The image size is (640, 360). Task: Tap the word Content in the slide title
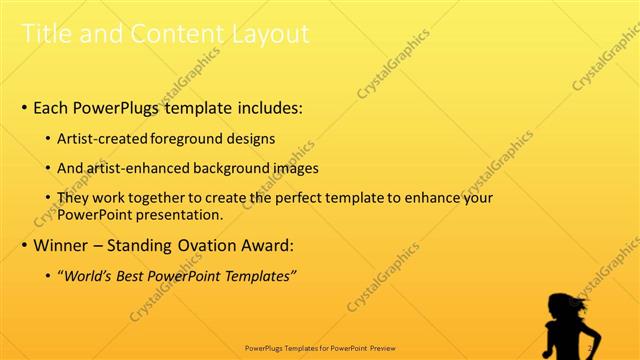pyautogui.click(x=176, y=34)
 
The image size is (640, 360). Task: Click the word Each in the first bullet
pyautogui.click(x=52, y=107)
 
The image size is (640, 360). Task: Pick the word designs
pyautogui.click(x=252, y=140)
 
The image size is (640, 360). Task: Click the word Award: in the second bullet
pyautogui.click(x=264, y=245)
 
